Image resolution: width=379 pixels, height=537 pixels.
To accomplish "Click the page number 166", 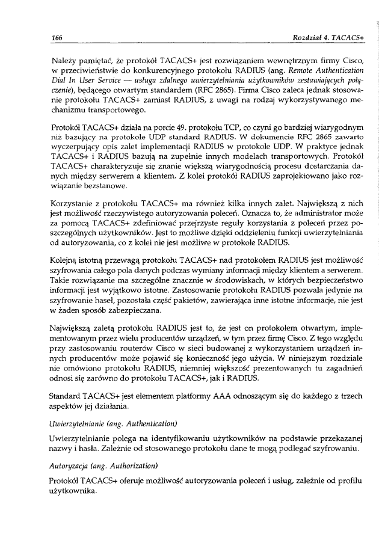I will [x=58, y=37].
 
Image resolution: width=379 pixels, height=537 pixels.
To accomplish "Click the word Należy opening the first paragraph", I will [x=65, y=61].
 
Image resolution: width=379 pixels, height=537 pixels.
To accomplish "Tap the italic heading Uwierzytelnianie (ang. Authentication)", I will [x=115, y=430].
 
